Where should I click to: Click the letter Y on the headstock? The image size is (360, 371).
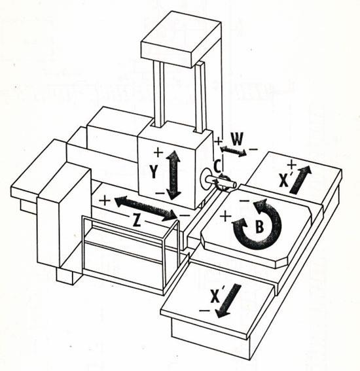(154, 171)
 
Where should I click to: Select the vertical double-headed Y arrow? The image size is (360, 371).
(174, 175)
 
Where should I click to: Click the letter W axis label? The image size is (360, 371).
(237, 139)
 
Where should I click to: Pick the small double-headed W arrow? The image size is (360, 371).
(234, 151)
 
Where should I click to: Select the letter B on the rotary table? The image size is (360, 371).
(260, 226)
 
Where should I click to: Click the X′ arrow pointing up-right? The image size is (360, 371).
(300, 179)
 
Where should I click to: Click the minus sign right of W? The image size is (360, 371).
(253, 149)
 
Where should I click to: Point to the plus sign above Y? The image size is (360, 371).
(158, 152)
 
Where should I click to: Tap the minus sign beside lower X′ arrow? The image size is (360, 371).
(204, 311)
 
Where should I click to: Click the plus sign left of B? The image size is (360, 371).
(226, 216)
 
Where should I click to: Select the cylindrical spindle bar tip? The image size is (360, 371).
(232, 184)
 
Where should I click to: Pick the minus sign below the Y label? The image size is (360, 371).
(160, 193)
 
